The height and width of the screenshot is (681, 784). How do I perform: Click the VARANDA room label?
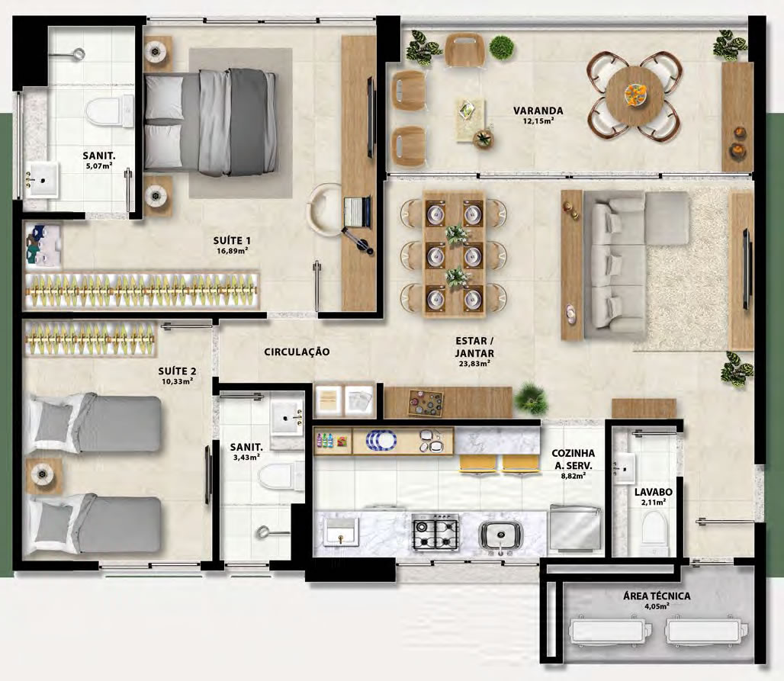pos(538,111)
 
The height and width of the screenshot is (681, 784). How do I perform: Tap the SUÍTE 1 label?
pos(232,240)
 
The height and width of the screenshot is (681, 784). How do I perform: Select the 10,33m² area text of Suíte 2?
pos(178,381)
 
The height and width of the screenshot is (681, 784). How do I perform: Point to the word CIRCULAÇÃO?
pos(297,352)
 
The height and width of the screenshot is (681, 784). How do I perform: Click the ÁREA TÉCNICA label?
pos(657,596)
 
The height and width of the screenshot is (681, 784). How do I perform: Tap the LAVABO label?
pos(653,492)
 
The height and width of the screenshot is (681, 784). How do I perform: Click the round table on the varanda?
pos(635,95)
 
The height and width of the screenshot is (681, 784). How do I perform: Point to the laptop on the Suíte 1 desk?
pos(357,211)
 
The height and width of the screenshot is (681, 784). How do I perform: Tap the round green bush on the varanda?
pos(502,47)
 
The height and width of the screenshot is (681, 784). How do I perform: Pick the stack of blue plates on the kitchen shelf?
pos(381,441)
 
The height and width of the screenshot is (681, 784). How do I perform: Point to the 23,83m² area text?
pos(474,364)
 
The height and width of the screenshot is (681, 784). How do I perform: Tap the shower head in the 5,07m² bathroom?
pos(78,53)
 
